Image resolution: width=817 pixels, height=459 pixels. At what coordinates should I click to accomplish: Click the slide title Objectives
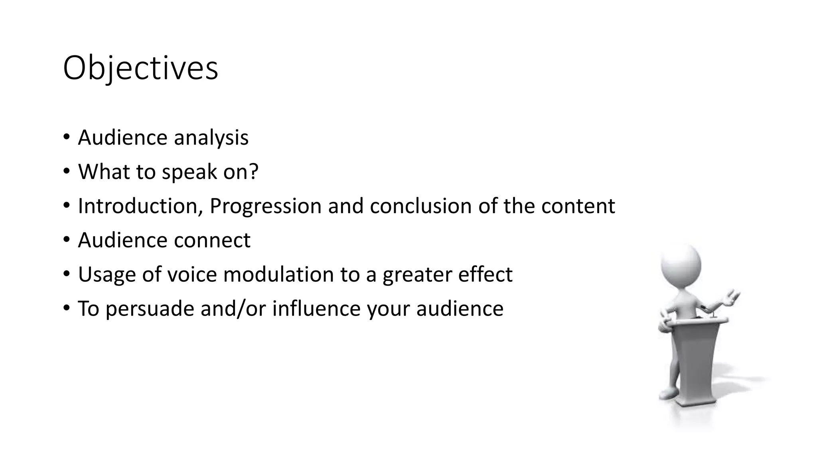[140, 69]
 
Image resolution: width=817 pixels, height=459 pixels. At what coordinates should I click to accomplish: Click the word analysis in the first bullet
[211, 138]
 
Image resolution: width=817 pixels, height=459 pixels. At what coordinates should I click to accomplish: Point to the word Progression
[265, 207]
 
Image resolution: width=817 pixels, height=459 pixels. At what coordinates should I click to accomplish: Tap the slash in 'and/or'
[239, 309]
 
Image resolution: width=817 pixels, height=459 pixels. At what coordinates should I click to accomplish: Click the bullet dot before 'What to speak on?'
[66, 172]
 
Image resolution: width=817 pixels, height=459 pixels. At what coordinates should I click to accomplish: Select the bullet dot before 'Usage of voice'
[66, 275]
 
